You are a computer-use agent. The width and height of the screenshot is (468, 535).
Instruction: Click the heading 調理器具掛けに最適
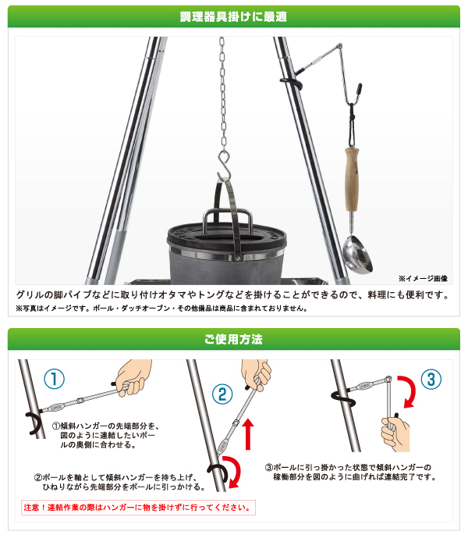click(233, 16)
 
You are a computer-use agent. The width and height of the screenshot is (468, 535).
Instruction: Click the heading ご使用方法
click(233, 339)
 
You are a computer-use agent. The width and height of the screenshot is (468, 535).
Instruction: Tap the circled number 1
click(54, 379)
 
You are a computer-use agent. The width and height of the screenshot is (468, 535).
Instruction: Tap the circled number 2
click(222, 394)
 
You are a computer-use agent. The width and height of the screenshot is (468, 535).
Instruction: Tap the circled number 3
click(431, 380)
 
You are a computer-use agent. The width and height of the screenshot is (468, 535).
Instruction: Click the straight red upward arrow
click(248, 434)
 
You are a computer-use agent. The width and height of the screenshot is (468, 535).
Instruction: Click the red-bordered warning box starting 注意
click(138, 508)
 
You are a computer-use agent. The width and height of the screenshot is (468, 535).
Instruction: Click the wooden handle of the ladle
click(352, 179)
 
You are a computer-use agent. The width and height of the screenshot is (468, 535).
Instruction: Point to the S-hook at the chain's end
click(224, 166)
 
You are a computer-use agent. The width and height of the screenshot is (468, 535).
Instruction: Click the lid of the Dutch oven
click(227, 235)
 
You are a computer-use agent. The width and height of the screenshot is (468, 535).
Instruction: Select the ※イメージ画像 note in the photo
click(423, 278)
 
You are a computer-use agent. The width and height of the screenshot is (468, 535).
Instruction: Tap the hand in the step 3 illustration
click(396, 433)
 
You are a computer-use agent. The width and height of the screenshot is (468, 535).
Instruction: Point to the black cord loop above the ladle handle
click(352, 127)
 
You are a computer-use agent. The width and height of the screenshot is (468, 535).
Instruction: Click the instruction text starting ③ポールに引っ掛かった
click(351, 472)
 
